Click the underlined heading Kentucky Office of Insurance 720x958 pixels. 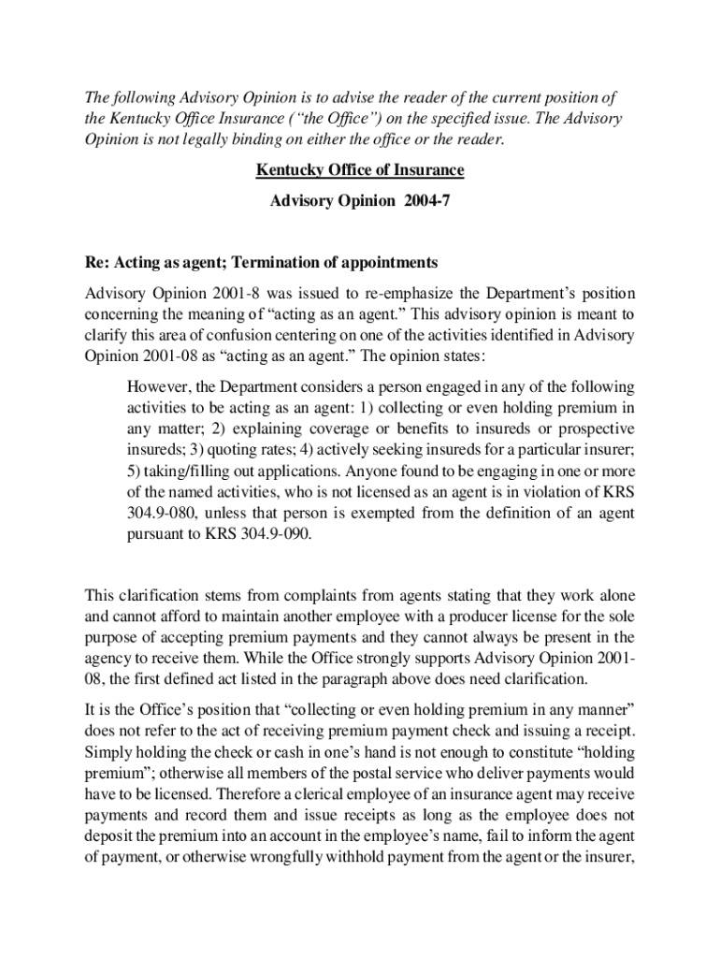pyautogui.click(x=360, y=171)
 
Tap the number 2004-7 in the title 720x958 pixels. pyautogui.click(x=427, y=201)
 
